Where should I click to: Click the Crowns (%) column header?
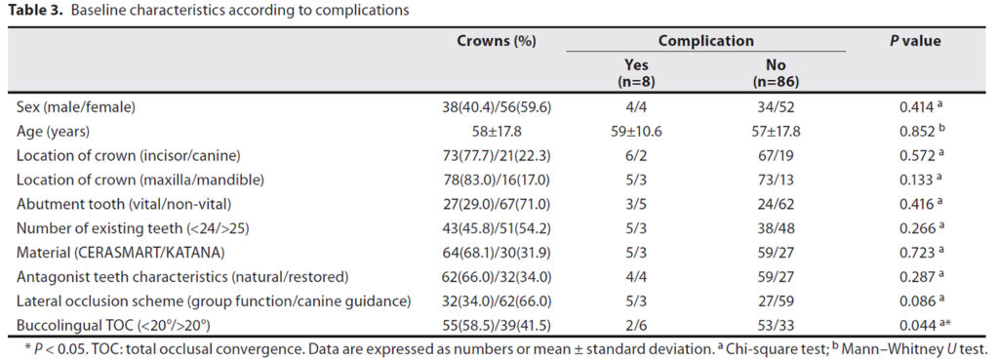point(497,41)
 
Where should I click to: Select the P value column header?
point(915,41)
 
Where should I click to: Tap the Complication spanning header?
point(706,41)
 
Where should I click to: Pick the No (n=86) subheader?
point(776,73)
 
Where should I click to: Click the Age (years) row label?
point(53,132)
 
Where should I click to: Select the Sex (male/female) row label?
point(76,107)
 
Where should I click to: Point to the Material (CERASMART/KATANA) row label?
point(120,253)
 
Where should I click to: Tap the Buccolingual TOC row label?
point(113,325)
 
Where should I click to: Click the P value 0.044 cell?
point(920,325)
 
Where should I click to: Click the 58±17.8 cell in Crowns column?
point(497,132)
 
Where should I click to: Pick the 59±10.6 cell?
point(637,132)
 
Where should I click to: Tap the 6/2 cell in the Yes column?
point(637,156)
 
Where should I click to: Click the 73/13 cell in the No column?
point(776,180)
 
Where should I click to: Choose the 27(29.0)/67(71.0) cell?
point(497,205)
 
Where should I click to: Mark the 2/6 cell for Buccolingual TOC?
point(637,325)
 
